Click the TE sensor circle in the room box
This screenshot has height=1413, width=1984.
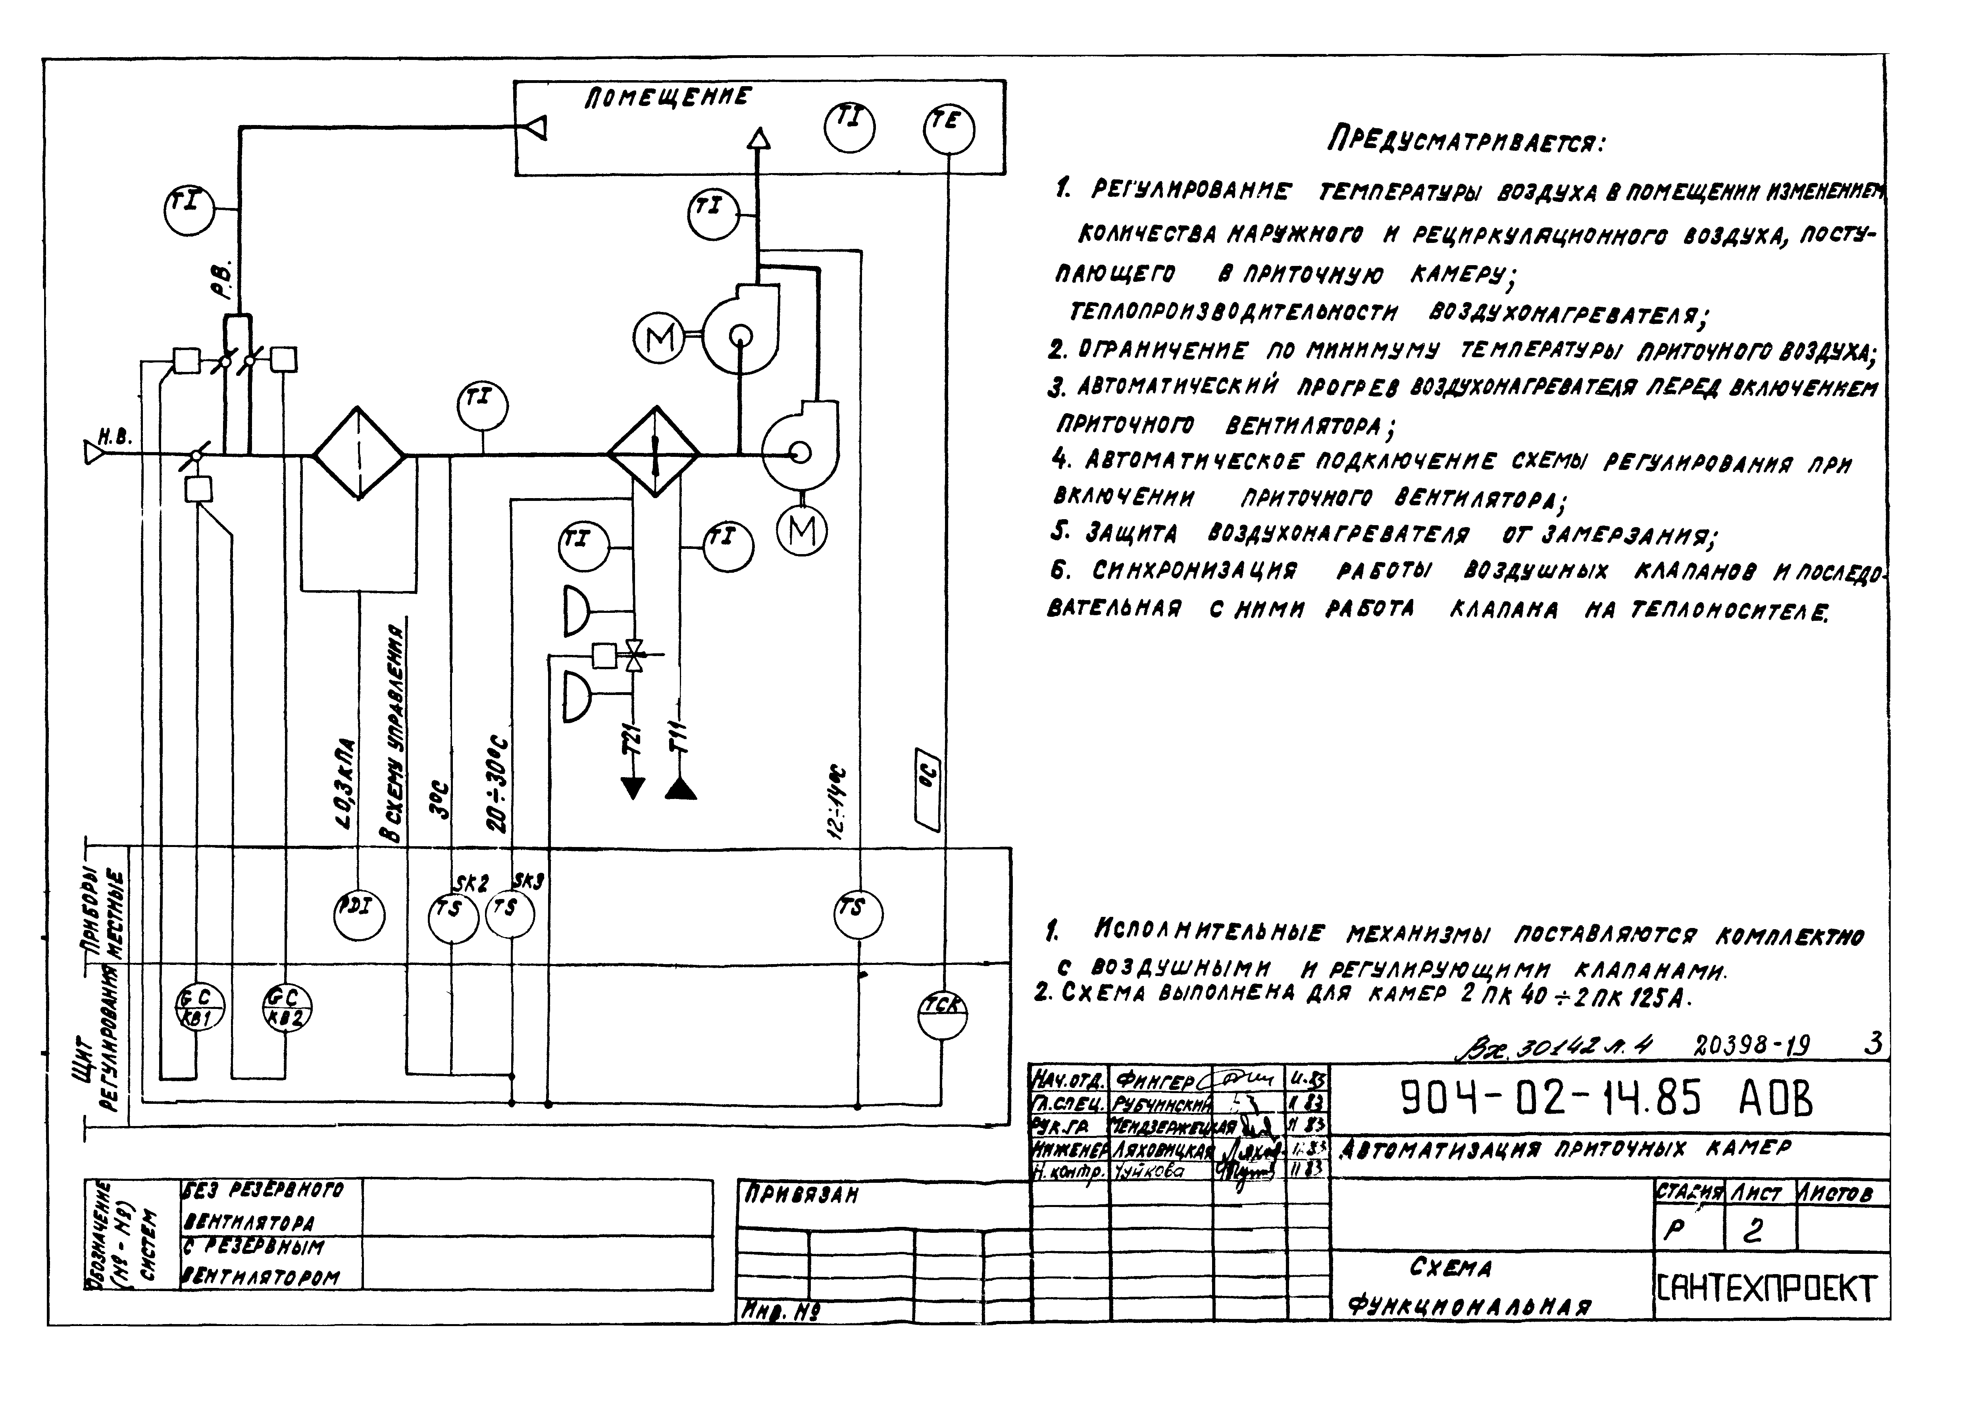(948, 130)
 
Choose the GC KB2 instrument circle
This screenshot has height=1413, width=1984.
(286, 1009)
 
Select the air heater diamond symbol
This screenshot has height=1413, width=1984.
(653, 453)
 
